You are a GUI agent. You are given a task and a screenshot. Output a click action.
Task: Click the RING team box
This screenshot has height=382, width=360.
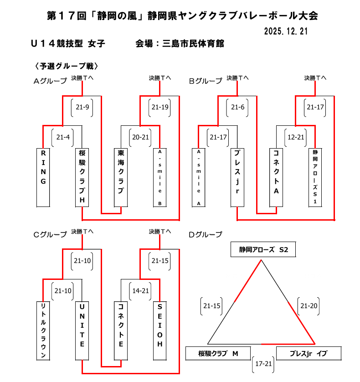[43, 177]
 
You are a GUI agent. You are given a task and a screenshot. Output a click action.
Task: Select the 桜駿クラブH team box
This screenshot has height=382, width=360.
[82, 177]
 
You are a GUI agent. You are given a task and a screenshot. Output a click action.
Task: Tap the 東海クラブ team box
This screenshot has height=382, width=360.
[121, 177]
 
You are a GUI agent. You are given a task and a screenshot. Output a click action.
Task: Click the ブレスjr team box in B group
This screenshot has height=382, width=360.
[237, 177]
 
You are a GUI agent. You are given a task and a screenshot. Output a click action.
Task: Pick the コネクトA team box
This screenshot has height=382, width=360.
[276, 177]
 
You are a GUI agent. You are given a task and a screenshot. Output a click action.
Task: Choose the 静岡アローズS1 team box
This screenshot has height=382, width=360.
[315, 177]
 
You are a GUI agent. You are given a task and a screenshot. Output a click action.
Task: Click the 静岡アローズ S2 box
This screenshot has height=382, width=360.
[263, 250]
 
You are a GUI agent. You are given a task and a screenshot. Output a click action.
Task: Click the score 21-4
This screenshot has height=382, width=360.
[62, 137]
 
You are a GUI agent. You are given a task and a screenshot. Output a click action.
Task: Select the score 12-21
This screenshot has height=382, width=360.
[296, 137]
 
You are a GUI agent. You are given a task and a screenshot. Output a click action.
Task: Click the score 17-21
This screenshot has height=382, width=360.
[264, 364]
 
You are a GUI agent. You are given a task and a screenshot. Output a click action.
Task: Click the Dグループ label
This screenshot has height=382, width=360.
[206, 235]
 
